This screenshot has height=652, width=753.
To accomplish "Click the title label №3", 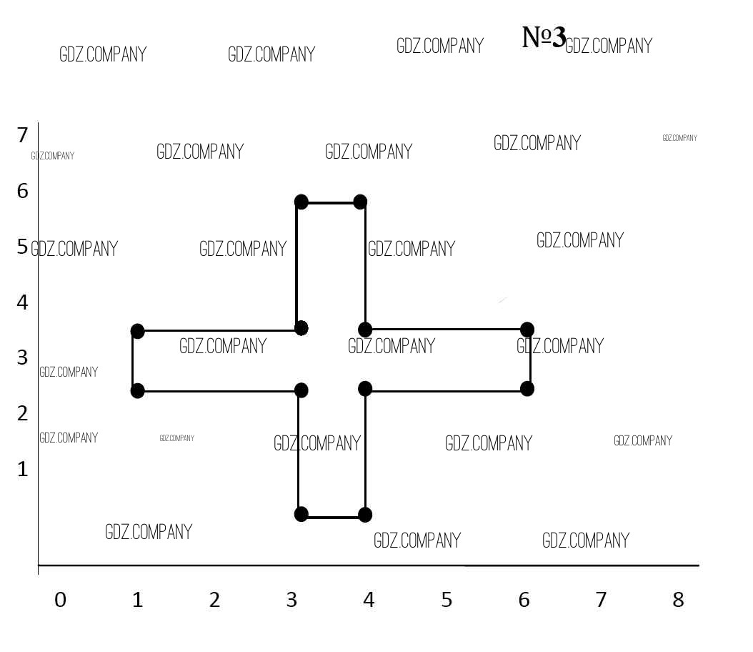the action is point(544,37).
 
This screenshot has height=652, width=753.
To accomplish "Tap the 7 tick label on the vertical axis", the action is point(23,135).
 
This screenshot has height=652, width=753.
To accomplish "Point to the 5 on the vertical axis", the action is point(23,247).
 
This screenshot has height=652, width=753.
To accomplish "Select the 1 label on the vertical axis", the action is point(23,469).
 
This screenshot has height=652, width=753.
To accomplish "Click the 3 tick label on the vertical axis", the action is point(23,357).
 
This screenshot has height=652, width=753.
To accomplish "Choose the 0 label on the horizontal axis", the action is point(61,600).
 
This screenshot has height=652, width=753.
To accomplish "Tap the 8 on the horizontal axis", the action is point(678,600).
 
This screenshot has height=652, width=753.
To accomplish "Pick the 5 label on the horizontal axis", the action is point(447,600).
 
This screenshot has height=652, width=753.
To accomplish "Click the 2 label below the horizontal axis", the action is point(214,600).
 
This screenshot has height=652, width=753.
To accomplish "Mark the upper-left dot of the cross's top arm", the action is point(301,202).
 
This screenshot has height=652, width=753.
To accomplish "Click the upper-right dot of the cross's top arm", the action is point(360,202).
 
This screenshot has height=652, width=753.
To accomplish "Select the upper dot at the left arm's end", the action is point(137,331).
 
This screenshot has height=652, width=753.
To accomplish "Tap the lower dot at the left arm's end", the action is point(137,390).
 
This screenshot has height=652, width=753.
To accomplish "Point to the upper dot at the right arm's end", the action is point(527,330).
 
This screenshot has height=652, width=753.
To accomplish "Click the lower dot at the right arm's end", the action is point(527,389).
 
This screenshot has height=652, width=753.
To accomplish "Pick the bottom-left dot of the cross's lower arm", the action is point(301,514).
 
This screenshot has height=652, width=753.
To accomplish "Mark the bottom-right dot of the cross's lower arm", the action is point(365,515).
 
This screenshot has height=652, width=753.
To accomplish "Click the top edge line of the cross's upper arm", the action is point(331,203).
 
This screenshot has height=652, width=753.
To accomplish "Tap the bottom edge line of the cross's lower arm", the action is point(333,518).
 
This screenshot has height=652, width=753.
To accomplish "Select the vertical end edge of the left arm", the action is point(133,361).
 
